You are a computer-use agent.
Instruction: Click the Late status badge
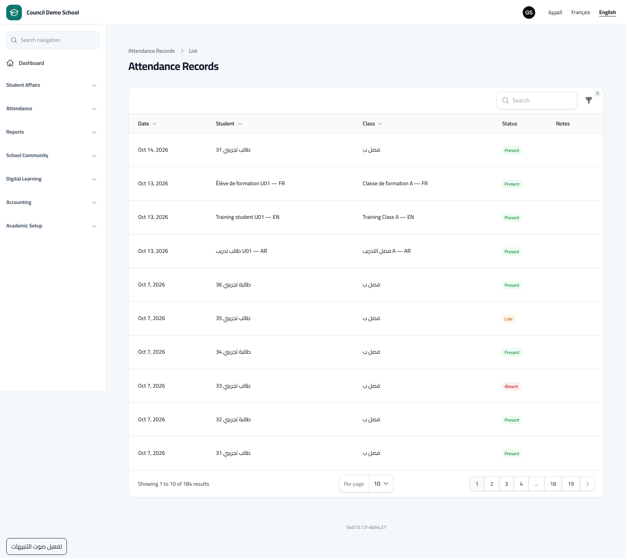pos(508,319)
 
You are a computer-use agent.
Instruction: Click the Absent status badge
pos(511,386)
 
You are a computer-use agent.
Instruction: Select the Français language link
pos(581,13)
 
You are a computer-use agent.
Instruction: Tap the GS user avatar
pos(529,13)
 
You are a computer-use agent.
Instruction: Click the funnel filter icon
pos(589,100)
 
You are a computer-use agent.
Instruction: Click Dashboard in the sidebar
pos(31,63)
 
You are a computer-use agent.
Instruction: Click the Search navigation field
pos(53,40)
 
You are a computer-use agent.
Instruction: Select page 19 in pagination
pos(571,484)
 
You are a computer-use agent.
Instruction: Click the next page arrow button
pos(587,484)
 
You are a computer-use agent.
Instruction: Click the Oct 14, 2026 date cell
pos(153,150)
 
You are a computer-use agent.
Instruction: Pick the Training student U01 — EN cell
pos(248,217)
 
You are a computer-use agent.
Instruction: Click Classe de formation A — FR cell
pos(395,184)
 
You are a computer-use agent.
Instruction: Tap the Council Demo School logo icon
pos(14,13)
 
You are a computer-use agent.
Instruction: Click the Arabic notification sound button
pos(36,546)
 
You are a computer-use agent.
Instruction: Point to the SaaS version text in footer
pos(366,527)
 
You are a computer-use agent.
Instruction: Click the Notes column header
pos(563,124)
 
